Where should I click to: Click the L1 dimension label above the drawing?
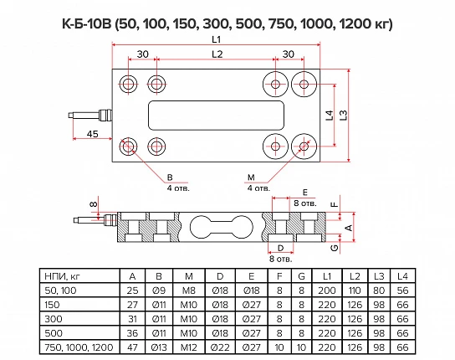pos(216,39)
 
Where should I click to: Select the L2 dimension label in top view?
pos(217,54)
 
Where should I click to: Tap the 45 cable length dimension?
pos(93,134)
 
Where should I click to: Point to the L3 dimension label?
pos(343,116)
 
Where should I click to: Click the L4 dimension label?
pos(330,116)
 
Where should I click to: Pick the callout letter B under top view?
pos(170,177)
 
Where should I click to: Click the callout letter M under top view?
pos(251,177)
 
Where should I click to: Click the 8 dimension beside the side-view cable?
pos(94,203)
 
